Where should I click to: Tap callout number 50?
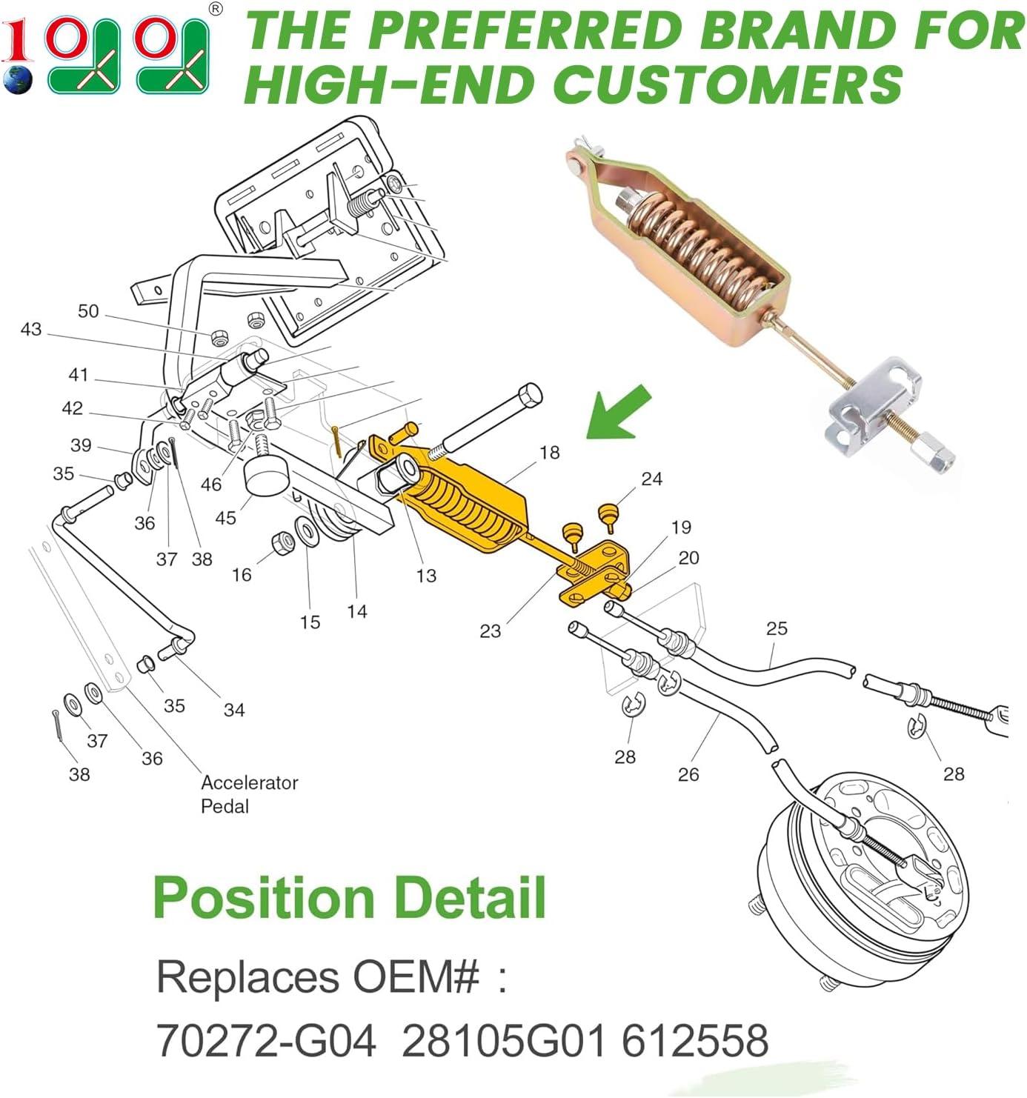pyautogui.click(x=88, y=311)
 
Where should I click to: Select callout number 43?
pyautogui.click(x=31, y=330)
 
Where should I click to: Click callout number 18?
pyautogui.click(x=549, y=453)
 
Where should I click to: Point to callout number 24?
pyautogui.click(x=651, y=479)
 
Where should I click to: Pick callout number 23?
pyautogui.click(x=490, y=630)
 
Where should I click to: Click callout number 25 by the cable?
pyautogui.click(x=777, y=628)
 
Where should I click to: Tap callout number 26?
pyautogui.click(x=688, y=774)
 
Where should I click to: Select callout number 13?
pyautogui.click(x=426, y=576)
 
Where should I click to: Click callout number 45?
pyautogui.click(x=226, y=518)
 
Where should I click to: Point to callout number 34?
pyautogui.click(x=234, y=710)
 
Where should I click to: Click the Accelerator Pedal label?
pyautogui.click(x=249, y=794)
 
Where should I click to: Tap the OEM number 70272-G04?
pyautogui.click(x=267, y=1040)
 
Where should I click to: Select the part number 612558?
pyautogui.click(x=695, y=1040)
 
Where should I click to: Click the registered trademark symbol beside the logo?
pyautogui.click(x=216, y=9)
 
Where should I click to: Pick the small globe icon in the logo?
pyautogui.click(x=17, y=79)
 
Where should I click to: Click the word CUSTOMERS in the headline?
pyautogui.click(x=728, y=83)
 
